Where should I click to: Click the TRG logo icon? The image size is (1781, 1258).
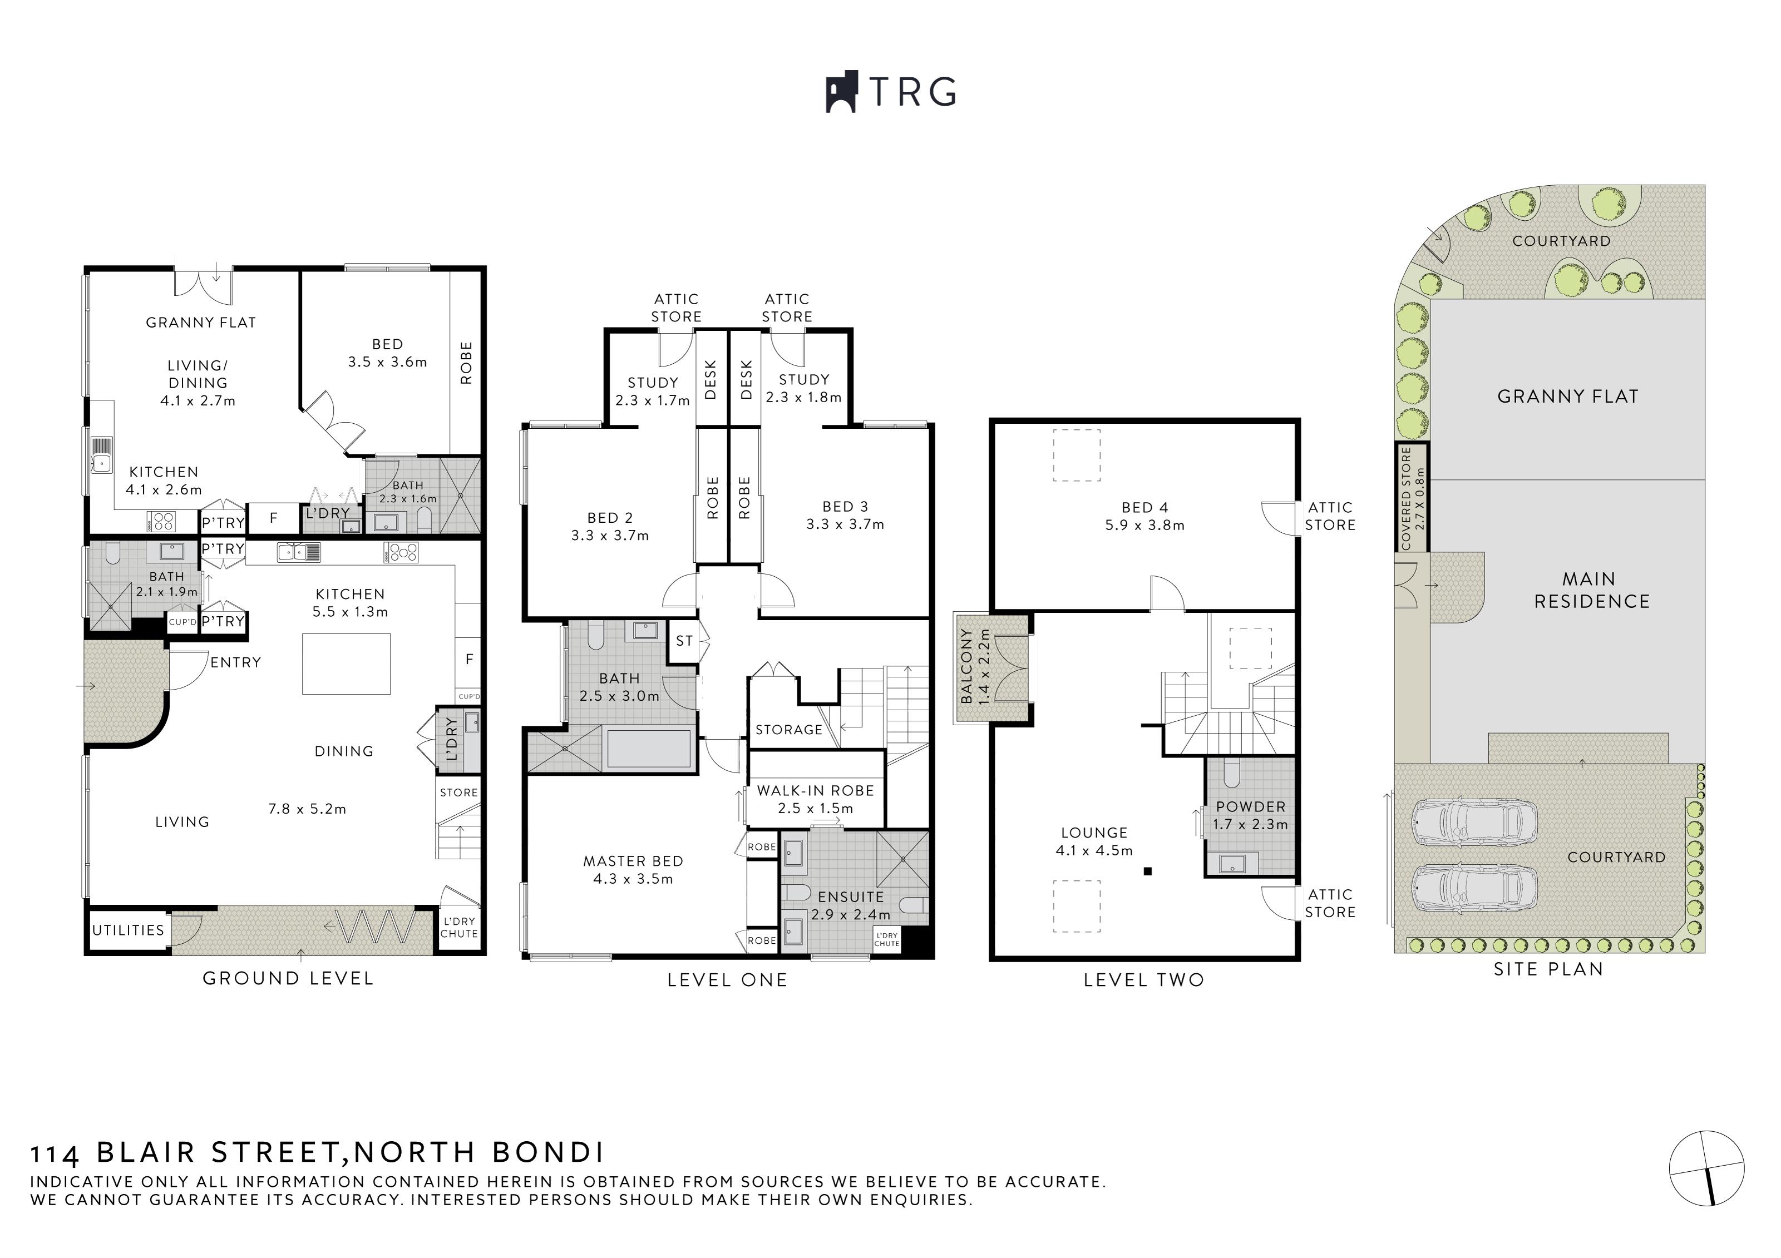tap(841, 92)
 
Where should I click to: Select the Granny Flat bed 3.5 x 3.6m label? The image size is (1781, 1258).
tap(387, 353)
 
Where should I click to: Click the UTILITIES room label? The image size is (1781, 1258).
tap(128, 930)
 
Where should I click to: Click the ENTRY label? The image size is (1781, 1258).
tap(236, 662)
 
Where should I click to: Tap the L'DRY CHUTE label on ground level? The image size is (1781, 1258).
tap(459, 928)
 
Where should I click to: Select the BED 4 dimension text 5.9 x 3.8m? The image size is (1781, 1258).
tap(1145, 525)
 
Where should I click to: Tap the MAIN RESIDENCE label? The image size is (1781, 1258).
tap(1592, 590)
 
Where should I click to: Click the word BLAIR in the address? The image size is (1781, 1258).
tap(146, 1152)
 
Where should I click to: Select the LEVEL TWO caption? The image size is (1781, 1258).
tap(1143, 980)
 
